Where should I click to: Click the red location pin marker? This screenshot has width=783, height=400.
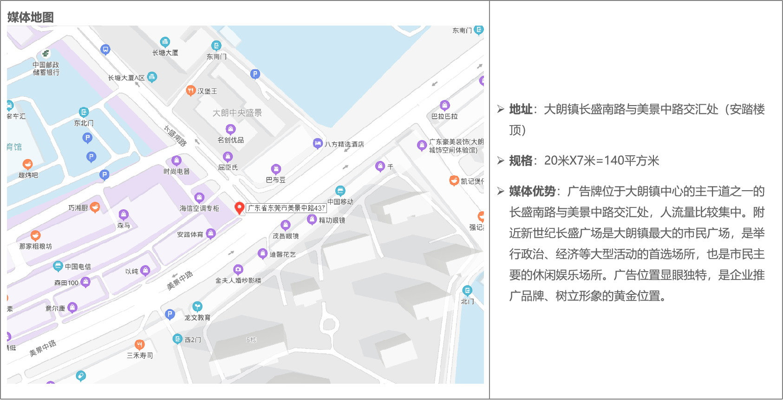pyautogui.click(x=240, y=207)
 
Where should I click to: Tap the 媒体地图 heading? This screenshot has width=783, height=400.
pyautogui.click(x=31, y=17)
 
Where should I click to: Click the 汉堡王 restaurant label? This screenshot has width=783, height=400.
pyautogui.click(x=207, y=91)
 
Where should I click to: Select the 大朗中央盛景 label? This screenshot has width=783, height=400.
pyautogui.click(x=237, y=113)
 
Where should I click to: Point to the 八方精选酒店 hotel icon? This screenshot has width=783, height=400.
pyautogui.click(x=317, y=143)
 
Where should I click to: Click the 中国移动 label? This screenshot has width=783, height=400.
pyautogui.click(x=340, y=201)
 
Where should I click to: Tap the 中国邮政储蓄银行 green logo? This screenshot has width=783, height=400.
pyautogui.click(x=46, y=53)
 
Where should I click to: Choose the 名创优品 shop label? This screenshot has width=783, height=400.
pyautogui.click(x=230, y=140)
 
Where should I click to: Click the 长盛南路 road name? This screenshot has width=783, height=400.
pyautogui.click(x=176, y=135)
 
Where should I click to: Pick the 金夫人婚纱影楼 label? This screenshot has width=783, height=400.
pyautogui.click(x=238, y=280)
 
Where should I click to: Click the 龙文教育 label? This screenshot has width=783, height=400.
pyautogui.click(x=197, y=317)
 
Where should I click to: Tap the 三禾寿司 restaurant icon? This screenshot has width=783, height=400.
pyautogui.click(x=139, y=345)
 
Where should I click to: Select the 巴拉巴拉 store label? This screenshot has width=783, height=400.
pyautogui.click(x=444, y=116)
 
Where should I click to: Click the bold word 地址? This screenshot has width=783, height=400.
pyautogui.click(x=521, y=109)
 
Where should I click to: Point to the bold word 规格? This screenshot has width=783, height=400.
pyautogui.click(x=521, y=161)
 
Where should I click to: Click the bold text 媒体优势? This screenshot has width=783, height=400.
pyautogui.click(x=532, y=191)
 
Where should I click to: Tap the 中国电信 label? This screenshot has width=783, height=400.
pyautogui.click(x=78, y=267)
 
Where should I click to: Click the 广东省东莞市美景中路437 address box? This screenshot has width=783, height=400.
pyautogui.click(x=286, y=208)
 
